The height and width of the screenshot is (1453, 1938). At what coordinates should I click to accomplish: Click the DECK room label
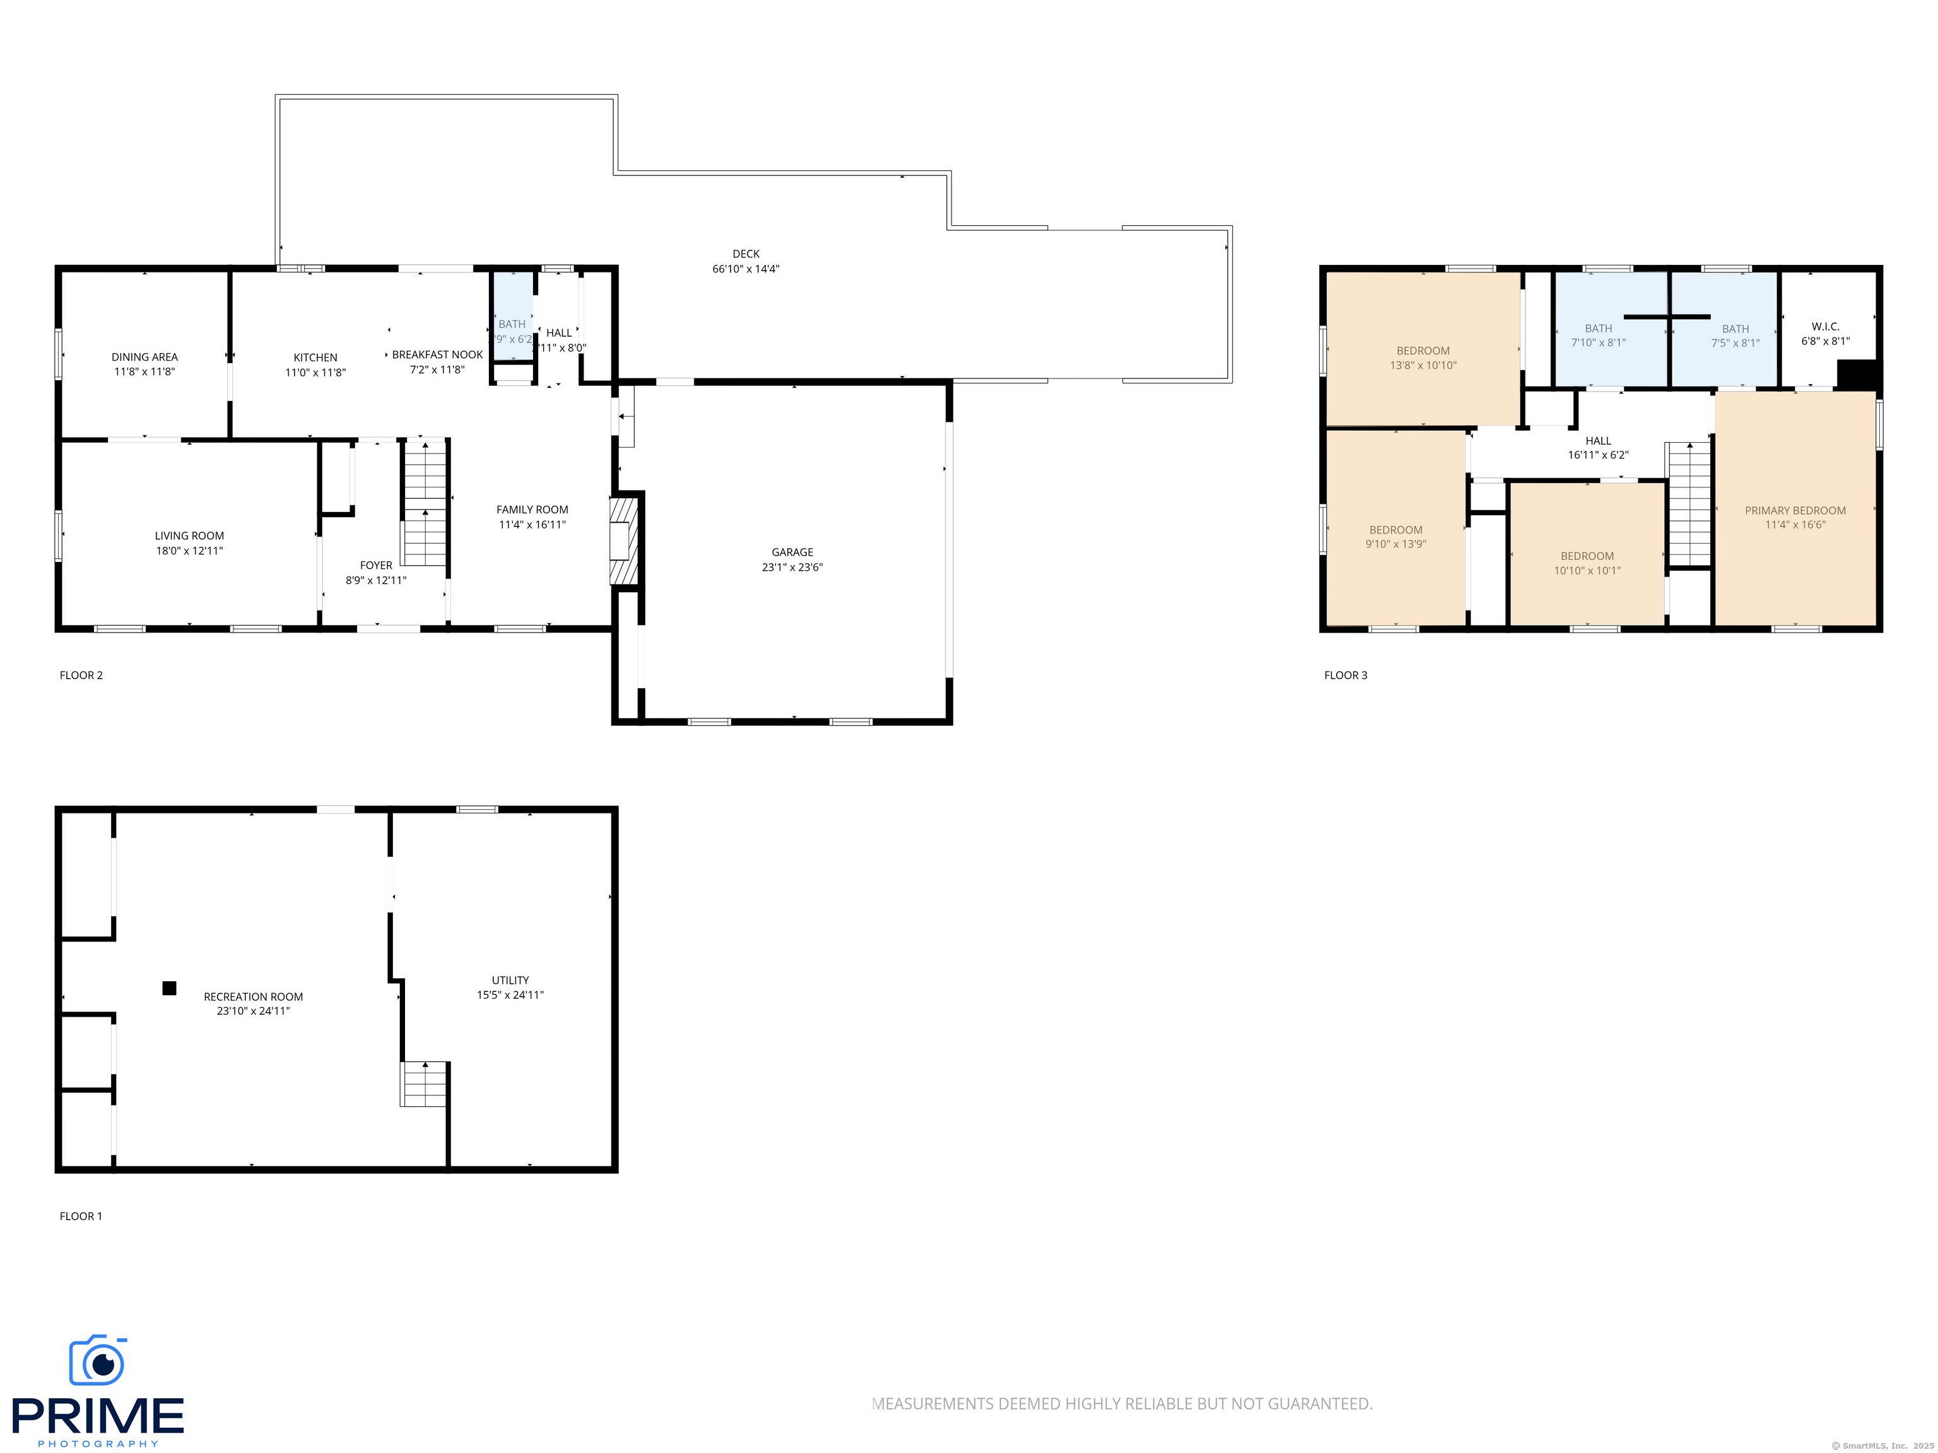pos(746,254)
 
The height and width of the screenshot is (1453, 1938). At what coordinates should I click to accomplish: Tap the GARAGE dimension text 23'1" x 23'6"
pos(792,568)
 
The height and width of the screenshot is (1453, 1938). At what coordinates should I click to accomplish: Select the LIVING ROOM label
pos(189,536)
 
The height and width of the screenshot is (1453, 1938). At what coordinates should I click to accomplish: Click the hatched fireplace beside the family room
pos(624,540)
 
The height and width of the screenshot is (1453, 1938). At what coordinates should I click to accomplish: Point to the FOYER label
pos(376,566)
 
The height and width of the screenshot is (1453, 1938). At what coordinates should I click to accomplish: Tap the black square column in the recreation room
pos(169,988)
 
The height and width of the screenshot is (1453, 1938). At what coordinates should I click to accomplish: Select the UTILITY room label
pos(510,980)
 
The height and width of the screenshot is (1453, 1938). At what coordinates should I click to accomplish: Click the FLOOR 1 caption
pos(81,1216)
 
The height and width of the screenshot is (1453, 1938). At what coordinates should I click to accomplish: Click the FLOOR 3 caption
pos(1345,675)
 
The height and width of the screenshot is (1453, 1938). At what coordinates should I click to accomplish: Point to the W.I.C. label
pos(1825,327)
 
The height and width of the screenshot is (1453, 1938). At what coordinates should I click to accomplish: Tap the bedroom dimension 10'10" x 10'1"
pos(1587,571)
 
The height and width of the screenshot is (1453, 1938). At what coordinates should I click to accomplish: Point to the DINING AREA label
pos(144,358)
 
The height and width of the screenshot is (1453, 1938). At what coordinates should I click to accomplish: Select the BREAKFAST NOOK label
pos(437,354)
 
